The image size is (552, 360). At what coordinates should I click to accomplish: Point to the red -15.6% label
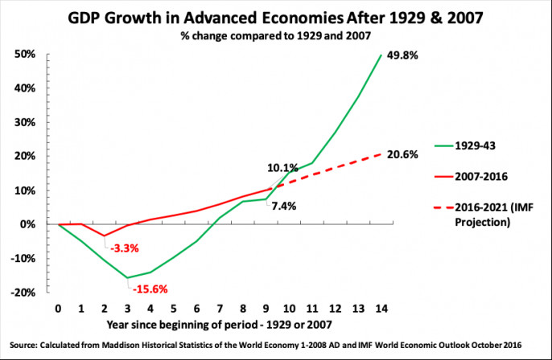click(x=150, y=289)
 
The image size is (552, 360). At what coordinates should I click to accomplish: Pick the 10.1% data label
click(x=283, y=168)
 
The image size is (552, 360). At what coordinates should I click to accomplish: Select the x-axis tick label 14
click(x=381, y=309)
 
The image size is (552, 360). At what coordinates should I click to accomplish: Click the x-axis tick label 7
click(x=219, y=309)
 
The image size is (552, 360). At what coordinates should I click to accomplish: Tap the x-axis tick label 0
click(x=58, y=309)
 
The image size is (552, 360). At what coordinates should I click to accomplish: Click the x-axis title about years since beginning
click(x=220, y=325)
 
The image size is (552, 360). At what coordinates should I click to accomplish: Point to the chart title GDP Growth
click(x=276, y=21)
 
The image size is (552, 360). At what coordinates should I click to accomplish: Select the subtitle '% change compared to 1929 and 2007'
click(x=276, y=39)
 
